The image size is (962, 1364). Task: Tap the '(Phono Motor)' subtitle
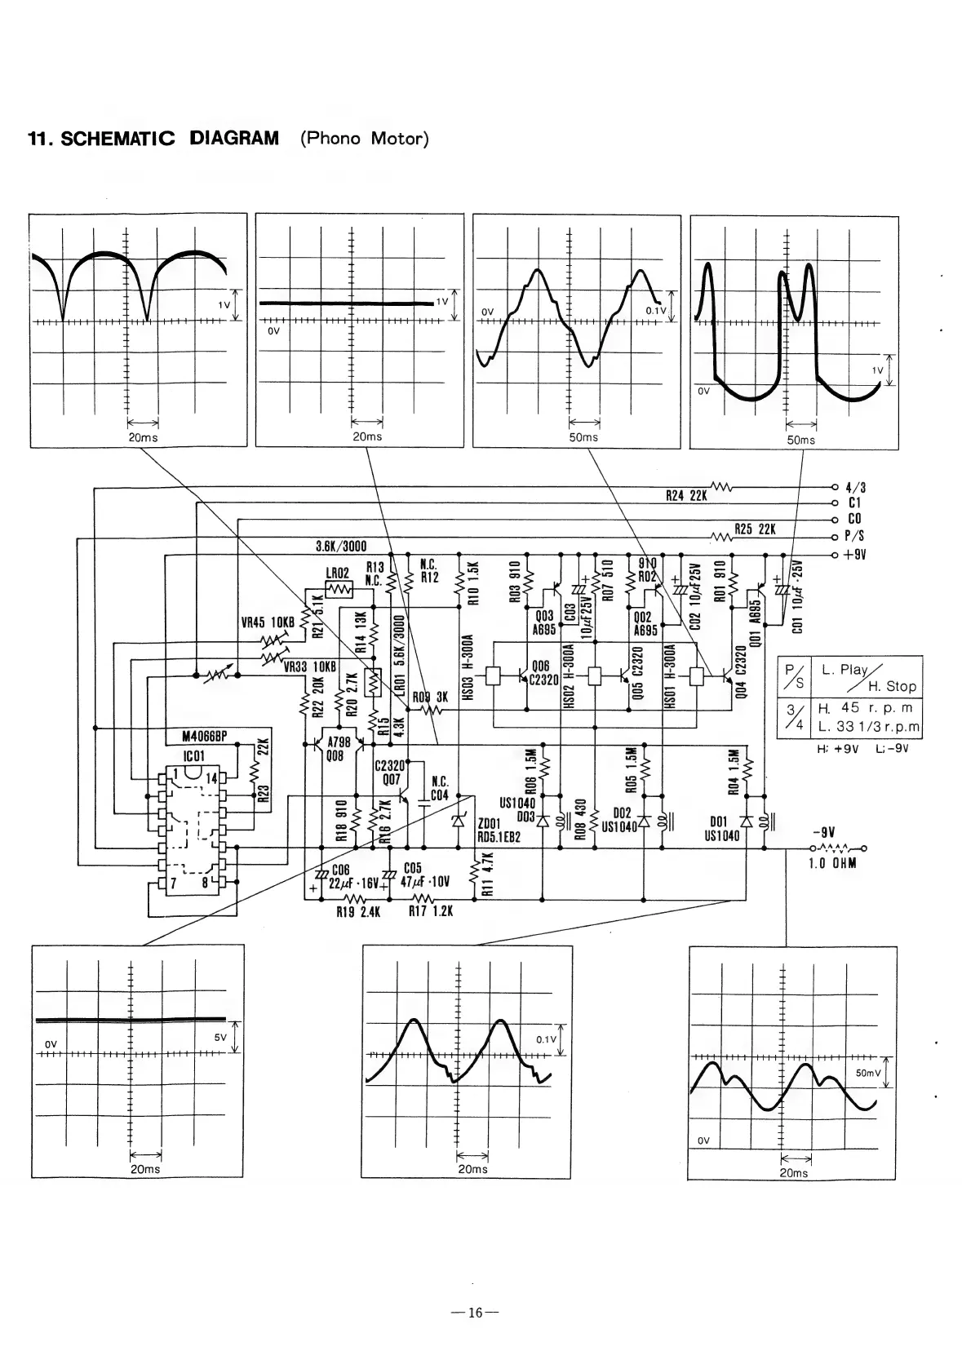tap(364, 138)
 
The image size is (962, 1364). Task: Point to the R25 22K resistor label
tap(755, 529)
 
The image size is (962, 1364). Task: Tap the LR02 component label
tap(337, 574)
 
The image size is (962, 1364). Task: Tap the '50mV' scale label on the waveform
tap(866, 1074)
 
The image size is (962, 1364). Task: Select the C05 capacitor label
tap(412, 870)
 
